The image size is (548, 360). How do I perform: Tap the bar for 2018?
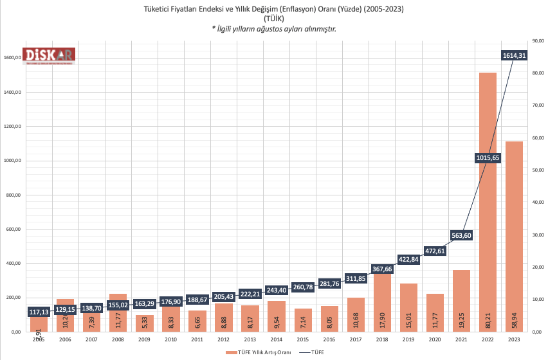pos(381,302)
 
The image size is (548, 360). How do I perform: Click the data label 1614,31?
pos(514,56)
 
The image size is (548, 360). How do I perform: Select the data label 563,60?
pos(462,235)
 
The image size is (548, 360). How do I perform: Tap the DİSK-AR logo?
pos(50,56)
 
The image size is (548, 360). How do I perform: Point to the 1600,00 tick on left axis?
pos(13,58)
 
